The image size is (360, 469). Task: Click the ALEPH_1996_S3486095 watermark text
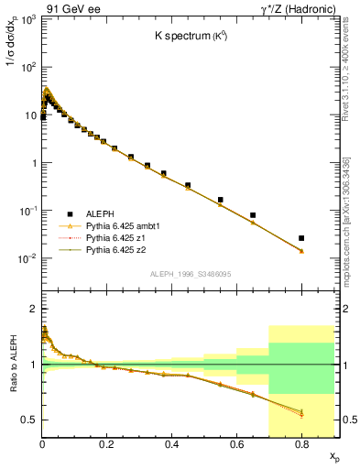point(191,274)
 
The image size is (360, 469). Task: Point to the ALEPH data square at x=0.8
point(301,238)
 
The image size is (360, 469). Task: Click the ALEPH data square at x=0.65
point(253,215)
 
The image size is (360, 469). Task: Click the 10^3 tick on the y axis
point(27,20)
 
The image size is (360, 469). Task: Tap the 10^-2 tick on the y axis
point(27,259)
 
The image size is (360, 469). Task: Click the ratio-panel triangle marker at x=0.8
point(301,413)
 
